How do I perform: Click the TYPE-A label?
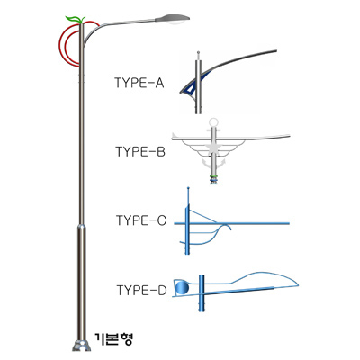click(x=139, y=83)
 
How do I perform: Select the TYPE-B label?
click(x=140, y=152)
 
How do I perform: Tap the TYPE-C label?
click(x=141, y=220)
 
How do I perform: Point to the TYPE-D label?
click(x=141, y=291)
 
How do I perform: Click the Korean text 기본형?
click(x=113, y=339)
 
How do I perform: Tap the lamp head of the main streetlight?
click(x=172, y=19)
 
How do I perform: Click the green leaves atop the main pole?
click(x=76, y=19)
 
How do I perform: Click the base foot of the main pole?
click(x=81, y=346)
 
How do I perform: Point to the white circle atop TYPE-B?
click(x=213, y=122)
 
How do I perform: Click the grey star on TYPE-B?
click(x=213, y=148)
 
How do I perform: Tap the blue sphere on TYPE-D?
click(x=182, y=288)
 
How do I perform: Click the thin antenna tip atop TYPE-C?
click(x=188, y=188)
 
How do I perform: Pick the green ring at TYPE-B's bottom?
click(x=213, y=176)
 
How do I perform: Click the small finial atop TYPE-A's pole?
click(x=198, y=54)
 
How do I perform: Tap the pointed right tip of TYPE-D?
click(x=298, y=283)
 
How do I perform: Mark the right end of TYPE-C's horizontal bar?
click(x=289, y=223)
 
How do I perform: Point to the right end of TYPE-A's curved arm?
click(x=275, y=51)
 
